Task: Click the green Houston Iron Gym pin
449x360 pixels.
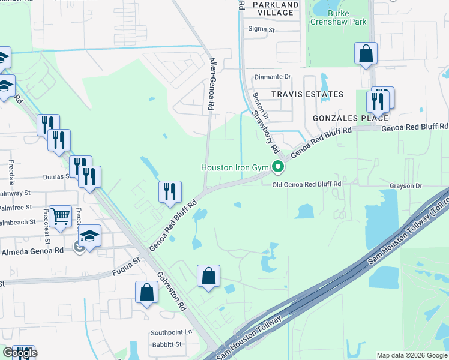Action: pyautogui.click(x=277, y=167)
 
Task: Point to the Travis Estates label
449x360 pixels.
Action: pyautogui.click(x=307, y=94)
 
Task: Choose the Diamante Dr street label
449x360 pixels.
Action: pyautogui.click(x=273, y=77)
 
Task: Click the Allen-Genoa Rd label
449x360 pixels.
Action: pyautogui.click(x=211, y=84)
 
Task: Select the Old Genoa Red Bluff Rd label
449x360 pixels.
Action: pyautogui.click(x=306, y=184)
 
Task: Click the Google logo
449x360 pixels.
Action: pyautogui.click(x=19, y=353)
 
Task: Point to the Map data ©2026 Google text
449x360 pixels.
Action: pyautogui.click(x=411, y=355)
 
